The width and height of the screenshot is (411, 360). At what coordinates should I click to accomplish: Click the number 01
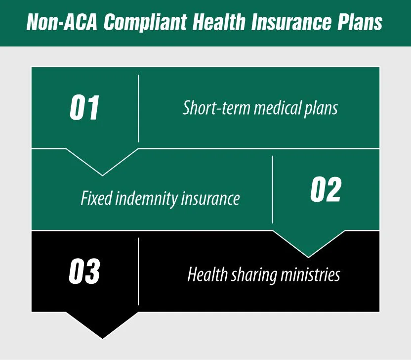84,108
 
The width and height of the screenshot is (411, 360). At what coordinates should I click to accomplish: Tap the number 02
326,190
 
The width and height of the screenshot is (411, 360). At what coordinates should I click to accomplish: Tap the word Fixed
96,198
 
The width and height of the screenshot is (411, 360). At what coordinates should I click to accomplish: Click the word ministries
309,273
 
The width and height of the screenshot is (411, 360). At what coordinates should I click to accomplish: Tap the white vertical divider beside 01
138,108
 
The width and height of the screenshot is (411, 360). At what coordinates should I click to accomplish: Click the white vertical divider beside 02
273,190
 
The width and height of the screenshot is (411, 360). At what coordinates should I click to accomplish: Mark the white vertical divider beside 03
138,271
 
